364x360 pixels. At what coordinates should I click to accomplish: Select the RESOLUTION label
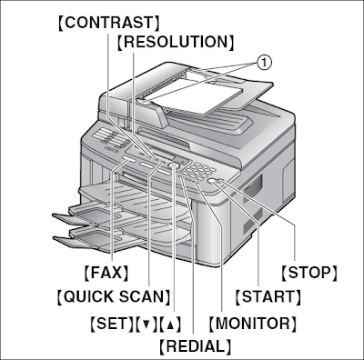point(176,42)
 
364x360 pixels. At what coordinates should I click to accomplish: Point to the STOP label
point(309,272)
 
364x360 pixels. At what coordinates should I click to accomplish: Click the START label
point(268,296)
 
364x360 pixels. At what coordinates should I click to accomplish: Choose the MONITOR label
point(253,322)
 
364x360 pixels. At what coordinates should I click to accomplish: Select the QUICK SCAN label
point(113,296)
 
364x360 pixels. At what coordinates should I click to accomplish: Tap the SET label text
point(108,322)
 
